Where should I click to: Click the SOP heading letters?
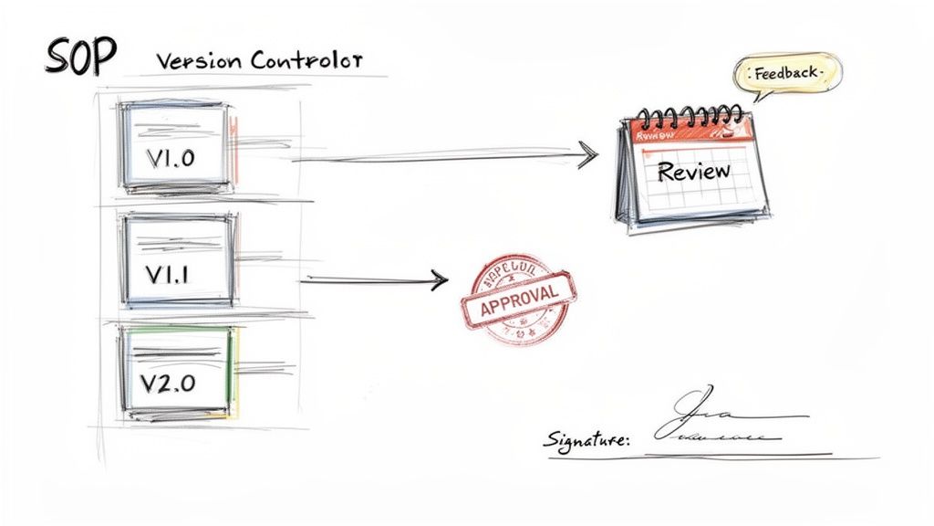pyautogui.click(x=80, y=58)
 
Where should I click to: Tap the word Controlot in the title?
pyautogui.click(x=306, y=61)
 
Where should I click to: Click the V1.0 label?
pyautogui.click(x=170, y=157)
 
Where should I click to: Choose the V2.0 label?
pyautogui.click(x=169, y=383)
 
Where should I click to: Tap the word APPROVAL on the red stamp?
pyautogui.click(x=518, y=299)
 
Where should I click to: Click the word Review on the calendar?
pyautogui.click(x=693, y=171)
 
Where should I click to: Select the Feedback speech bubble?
pyautogui.click(x=787, y=72)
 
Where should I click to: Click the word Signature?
pyautogui.click(x=586, y=441)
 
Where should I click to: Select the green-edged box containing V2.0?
pyautogui.click(x=177, y=373)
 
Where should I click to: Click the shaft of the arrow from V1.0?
pyautogui.click(x=438, y=158)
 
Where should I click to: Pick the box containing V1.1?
pyautogui.click(x=177, y=260)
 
